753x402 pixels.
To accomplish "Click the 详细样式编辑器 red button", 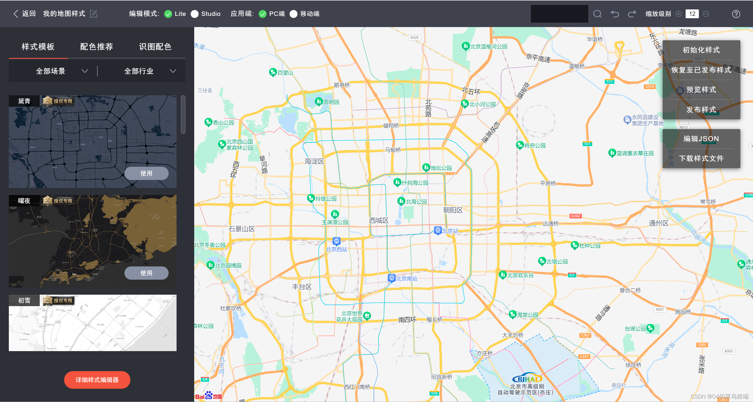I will click(x=97, y=380).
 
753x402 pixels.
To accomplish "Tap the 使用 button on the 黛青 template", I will click(x=146, y=173).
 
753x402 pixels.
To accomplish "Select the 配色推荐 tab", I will click(x=97, y=47).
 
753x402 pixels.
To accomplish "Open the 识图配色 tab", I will click(x=155, y=47).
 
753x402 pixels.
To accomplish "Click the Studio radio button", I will click(x=195, y=14).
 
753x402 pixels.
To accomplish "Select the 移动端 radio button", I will click(x=293, y=14).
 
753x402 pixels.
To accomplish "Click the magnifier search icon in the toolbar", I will click(x=597, y=14).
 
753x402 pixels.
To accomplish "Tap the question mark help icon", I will click(x=736, y=14).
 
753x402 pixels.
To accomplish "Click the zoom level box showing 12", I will click(x=692, y=14).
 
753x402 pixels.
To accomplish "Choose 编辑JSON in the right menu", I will click(x=701, y=139).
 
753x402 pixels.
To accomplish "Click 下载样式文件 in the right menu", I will click(x=701, y=159).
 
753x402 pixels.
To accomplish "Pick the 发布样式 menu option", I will click(x=701, y=110).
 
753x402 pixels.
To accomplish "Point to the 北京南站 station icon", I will click(x=391, y=278).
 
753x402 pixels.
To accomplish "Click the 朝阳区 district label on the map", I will click(x=453, y=210).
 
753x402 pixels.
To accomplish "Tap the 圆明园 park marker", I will click(x=319, y=102).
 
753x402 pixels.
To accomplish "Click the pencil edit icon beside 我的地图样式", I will click(x=94, y=14).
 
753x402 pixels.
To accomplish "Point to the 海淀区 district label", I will click(x=314, y=161).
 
